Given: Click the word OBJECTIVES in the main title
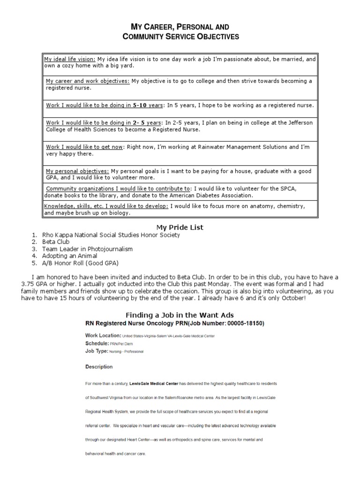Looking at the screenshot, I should coord(214,37).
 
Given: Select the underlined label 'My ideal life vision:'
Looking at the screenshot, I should coord(70,60).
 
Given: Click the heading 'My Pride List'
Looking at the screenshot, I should coord(180,227).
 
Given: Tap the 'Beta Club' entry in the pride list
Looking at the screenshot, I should coord(56,242).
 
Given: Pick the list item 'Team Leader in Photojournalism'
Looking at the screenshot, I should coord(87,249).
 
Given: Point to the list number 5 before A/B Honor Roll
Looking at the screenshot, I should coord(34,263).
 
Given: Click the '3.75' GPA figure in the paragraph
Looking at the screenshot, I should coord(29,284).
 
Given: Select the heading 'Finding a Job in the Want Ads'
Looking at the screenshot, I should coord(180,315).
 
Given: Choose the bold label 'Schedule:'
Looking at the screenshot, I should coord(97,343).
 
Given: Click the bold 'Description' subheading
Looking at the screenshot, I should coord(98,367).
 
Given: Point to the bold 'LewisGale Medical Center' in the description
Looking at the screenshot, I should coord(159,383).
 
